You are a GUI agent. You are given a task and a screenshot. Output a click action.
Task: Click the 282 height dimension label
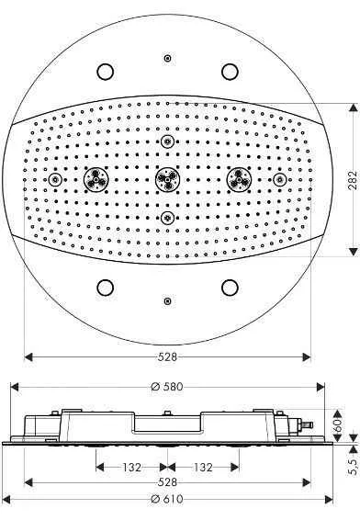353,180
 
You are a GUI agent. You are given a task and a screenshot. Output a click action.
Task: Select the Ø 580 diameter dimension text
167,387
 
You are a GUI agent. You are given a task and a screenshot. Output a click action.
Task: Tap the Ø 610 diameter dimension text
167,499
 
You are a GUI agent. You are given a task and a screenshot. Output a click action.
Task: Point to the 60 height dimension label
338,424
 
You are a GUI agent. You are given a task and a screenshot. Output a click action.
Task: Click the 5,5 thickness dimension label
354,465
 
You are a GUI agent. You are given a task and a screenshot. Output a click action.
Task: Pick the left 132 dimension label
132,468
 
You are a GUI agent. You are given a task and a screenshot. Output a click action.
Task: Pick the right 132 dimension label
203,468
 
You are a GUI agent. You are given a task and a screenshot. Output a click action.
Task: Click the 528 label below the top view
167,356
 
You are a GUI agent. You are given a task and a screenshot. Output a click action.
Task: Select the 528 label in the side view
167,481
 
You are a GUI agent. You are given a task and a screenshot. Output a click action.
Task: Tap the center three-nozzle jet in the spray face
168,179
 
